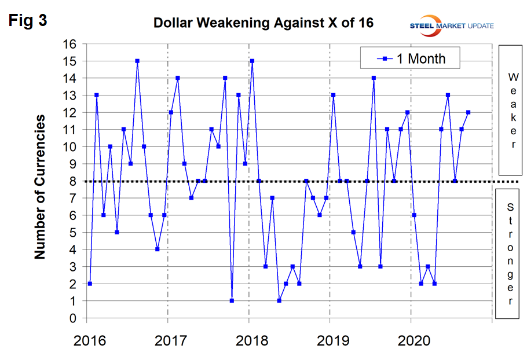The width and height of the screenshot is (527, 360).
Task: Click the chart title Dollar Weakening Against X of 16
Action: pyautogui.click(x=263, y=24)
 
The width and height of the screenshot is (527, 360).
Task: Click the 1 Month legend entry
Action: pyautogui.click(x=411, y=58)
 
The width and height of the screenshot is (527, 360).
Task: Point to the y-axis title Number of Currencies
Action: pyautogui.click(x=40, y=186)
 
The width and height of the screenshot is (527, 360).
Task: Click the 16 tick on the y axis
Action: pyautogui.click(x=69, y=44)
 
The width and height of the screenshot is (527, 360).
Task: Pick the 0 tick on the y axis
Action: pyautogui.click(x=72, y=318)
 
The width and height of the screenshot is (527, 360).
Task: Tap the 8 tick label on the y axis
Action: pyautogui.click(x=72, y=181)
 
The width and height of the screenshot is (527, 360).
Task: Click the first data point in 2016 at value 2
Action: pyautogui.click(x=90, y=284)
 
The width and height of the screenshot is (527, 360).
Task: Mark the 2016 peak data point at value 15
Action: pyautogui.click(x=137, y=61)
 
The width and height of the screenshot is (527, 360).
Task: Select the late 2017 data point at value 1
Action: pyautogui.click(x=232, y=300)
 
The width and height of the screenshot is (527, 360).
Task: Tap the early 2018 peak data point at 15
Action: pyautogui.click(x=252, y=61)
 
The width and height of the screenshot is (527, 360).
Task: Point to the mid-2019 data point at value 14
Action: pyautogui.click(x=374, y=78)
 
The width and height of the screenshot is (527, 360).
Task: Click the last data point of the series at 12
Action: pyautogui.click(x=468, y=112)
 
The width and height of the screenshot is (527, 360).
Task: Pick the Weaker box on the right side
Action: pyautogui.click(x=511, y=110)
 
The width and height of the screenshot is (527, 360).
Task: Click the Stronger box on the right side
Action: pyautogui.click(x=511, y=253)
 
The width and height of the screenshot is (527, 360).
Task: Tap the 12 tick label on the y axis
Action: pyautogui.click(x=69, y=112)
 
